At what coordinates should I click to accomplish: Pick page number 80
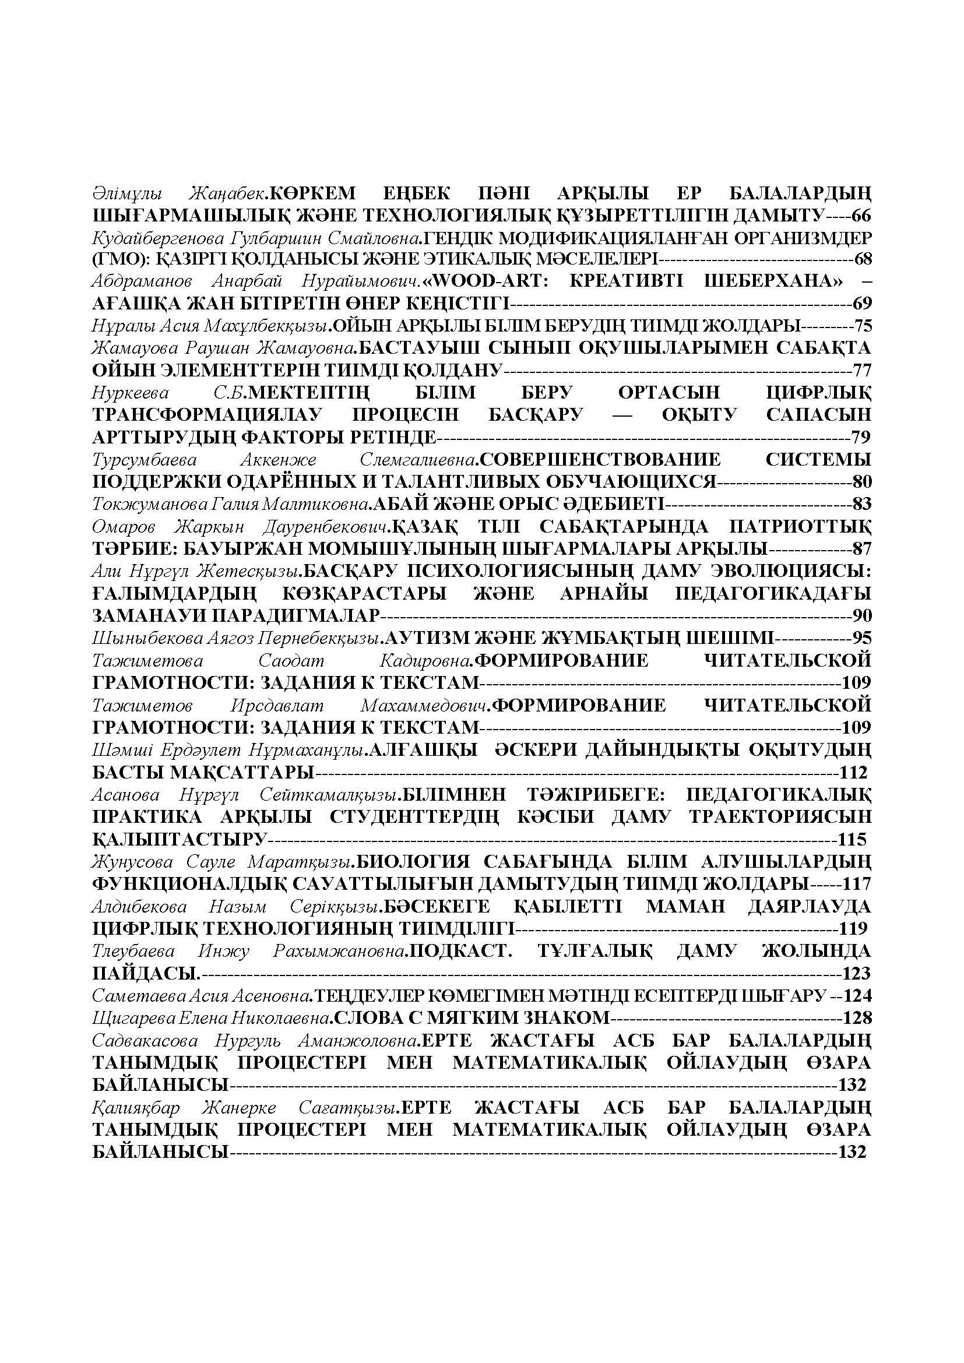click(x=861, y=481)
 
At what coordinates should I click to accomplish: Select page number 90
click(x=861, y=615)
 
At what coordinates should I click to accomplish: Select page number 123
click(x=856, y=973)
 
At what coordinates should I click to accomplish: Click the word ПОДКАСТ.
click(x=460, y=951)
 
